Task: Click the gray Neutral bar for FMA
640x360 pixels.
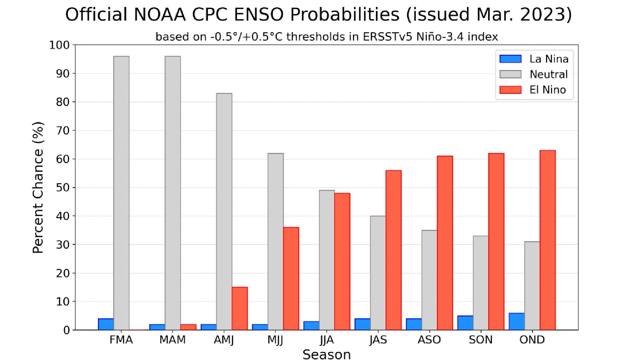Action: [121, 193]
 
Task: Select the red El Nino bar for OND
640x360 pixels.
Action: [547, 240]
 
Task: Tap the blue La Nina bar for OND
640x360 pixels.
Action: [516, 322]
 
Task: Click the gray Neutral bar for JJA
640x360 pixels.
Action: [327, 260]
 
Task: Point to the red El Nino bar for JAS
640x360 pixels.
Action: [393, 250]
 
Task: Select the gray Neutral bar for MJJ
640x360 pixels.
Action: [275, 242]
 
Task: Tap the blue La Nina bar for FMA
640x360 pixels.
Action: [106, 324]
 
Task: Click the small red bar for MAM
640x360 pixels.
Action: [188, 327]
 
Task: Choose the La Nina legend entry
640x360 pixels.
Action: [548, 59]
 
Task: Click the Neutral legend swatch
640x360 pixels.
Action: [510, 74]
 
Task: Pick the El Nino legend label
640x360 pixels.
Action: [547, 90]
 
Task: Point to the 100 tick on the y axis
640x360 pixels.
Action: [60, 45]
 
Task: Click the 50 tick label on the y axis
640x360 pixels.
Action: [62, 187]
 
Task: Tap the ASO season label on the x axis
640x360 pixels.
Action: [429, 340]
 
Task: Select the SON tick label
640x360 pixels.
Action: [480, 340]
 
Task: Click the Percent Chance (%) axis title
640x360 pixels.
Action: [38, 187]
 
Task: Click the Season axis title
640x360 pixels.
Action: [326, 354]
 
